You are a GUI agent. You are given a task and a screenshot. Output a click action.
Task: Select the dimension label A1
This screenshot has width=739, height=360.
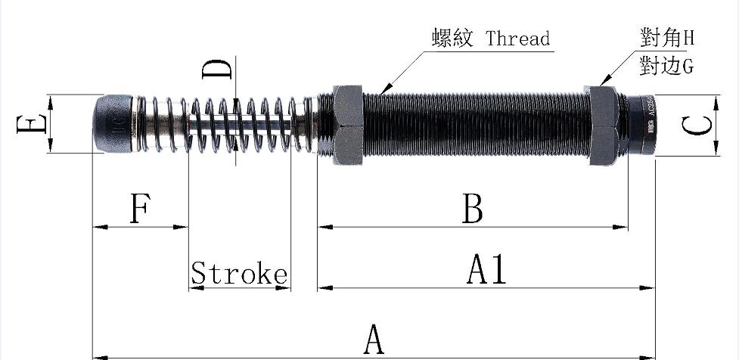pos(487,270)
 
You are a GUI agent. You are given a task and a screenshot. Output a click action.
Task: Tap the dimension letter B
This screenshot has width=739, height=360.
pos(473,209)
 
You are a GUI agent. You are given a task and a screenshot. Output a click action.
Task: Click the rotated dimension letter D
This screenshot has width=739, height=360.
pos(217,70)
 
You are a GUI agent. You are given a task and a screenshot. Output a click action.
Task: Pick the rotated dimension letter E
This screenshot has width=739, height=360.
pos(30,123)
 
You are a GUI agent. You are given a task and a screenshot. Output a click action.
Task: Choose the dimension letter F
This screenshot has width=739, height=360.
pos(138,209)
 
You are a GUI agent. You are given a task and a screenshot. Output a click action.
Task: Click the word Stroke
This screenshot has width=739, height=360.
pos(239,273)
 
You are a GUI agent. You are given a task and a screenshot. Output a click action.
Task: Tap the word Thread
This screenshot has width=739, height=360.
pos(518,38)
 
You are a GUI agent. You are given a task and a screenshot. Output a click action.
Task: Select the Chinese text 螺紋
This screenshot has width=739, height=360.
pos(453,38)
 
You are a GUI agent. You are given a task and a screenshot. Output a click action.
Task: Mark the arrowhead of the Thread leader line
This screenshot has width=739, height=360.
pos(383,92)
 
